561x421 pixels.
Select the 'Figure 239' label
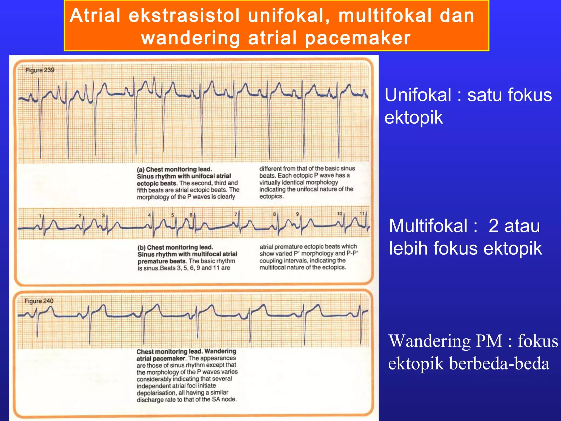[x=40, y=70]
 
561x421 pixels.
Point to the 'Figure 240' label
[x=39, y=301]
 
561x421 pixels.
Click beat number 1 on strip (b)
[x=40, y=216]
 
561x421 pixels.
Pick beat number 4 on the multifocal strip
[x=150, y=215]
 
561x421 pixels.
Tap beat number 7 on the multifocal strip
[x=236, y=214]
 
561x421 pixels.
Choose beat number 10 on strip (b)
[x=340, y=214]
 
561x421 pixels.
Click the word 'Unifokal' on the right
[x=418, y=95]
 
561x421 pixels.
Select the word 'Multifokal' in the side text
[x=428, y=226]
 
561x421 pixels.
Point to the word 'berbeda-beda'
[x=499, y=364]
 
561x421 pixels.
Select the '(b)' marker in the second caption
[x=141, y=248]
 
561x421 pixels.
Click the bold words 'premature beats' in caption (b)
[x=162, y=261]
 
